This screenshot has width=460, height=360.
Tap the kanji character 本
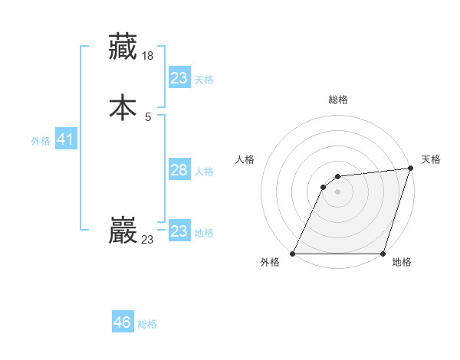(123, 107)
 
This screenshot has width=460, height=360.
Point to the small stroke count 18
(149, 56)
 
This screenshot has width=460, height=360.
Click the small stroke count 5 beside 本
(148, 117)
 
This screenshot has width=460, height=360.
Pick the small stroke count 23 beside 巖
(147, 240)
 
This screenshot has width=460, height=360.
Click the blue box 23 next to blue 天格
(179, 78)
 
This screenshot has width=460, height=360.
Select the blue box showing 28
(179, 170)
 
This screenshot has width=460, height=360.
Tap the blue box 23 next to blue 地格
(179, 231)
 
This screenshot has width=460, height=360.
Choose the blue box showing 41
(65, 140)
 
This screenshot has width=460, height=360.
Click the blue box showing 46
(123, 322)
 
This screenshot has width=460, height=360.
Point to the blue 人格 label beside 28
(204, 171)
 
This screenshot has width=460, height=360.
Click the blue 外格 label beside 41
(41, 141)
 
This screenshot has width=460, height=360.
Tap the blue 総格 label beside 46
(147, 324)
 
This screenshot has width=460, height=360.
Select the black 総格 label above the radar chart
(337, 100)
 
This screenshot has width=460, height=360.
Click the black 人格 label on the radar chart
(245, 159)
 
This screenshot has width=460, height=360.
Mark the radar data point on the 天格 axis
(411, 169)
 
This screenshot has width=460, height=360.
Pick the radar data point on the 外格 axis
(292, 254)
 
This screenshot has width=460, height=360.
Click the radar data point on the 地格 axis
(383, 254)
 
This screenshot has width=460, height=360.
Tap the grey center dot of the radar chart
(337, 191)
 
